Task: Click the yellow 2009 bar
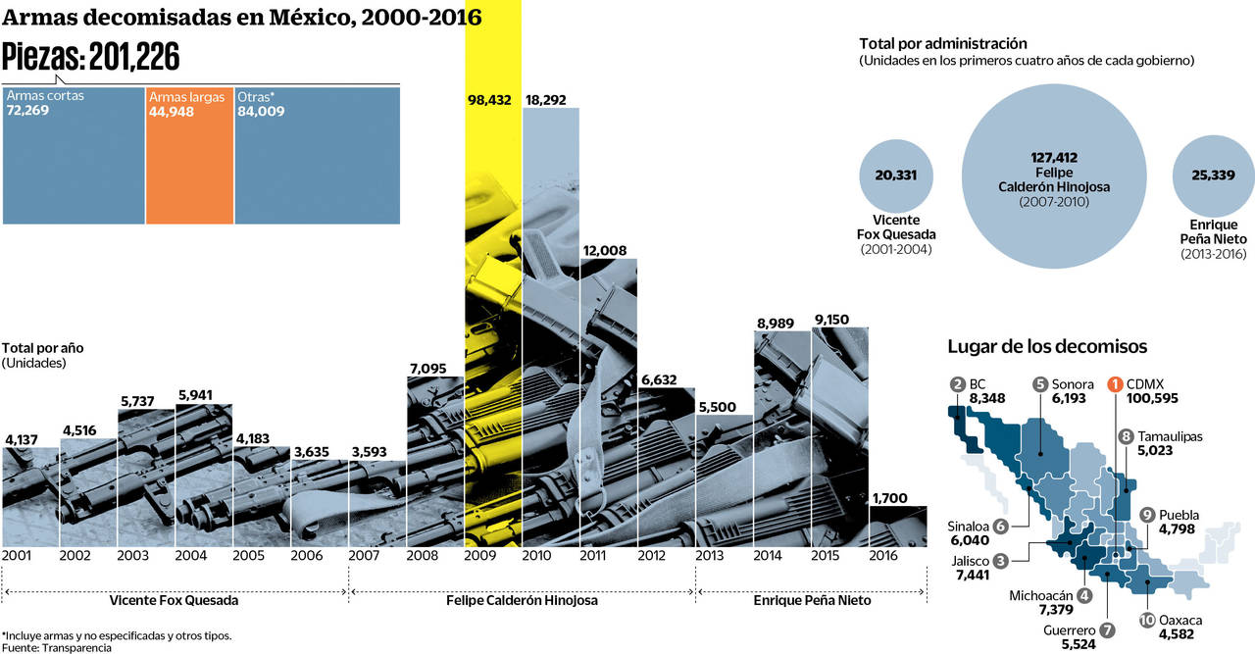click(492, 324)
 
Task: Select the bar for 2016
click(897, 527)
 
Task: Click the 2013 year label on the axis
click(711, 555)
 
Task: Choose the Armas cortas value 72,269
click(27, 112)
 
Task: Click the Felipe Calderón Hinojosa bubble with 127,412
click(1053, 176)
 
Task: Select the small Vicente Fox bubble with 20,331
click(896, 176)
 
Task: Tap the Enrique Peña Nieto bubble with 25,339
click(1214, 176)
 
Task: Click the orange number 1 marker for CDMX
click(1115, 384)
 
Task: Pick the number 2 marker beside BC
click(958, 384)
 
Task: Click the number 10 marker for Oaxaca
click(1147, 620)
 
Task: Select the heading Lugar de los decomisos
click(1046, 346)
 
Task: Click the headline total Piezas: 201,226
click(92, 58)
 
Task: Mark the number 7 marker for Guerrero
click(1107, 629)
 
